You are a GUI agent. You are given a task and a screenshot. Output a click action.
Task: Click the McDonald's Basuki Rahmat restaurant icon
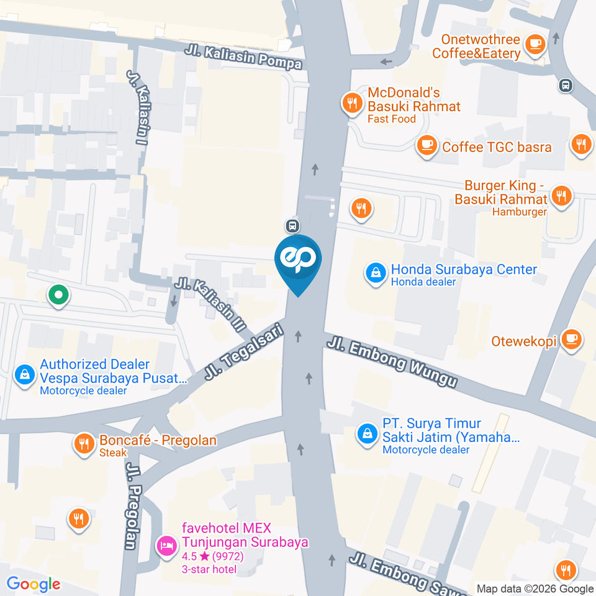[353, 103]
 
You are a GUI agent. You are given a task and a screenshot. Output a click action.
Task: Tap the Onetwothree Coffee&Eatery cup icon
[535, 44]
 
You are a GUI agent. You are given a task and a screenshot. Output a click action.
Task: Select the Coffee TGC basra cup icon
[426, 145]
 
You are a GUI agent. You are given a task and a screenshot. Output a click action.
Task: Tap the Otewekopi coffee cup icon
[570, 339]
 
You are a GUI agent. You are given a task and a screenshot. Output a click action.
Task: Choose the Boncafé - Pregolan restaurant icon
[83, 443]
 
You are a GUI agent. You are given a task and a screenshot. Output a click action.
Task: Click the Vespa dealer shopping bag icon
[24, 375]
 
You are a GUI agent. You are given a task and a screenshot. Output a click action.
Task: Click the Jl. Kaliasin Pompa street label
[243, 56]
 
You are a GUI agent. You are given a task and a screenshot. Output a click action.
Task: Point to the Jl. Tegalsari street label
[243, 352]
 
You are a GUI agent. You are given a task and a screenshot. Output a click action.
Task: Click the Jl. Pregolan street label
[131, 506]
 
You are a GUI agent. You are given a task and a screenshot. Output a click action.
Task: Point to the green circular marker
[58, 296]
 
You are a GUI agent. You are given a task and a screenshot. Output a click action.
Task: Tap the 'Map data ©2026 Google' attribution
[535, 589]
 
